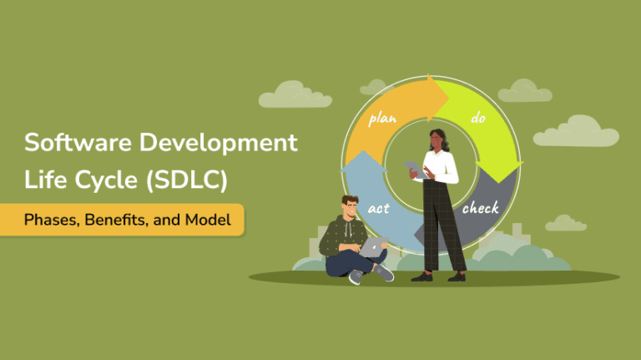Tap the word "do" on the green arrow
(x=478, y=119)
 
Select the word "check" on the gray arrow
(x=481, y=206)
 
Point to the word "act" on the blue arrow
(x=380, y=206)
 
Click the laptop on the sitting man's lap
(x=374, y=245)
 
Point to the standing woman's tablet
(x=415, y=169)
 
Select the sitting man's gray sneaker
(x=383, y=272)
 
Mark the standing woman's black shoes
(x=442, y=276)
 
